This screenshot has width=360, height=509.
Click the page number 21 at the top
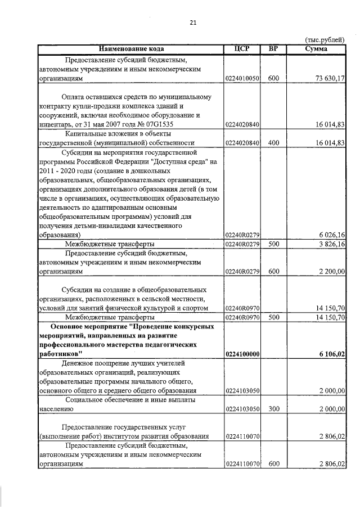click(x=193, y=22)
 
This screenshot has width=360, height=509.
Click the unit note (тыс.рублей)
click(x=324, y=40)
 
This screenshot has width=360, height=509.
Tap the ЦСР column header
click(x=242, y=49)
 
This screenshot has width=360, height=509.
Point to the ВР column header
click(x=273, y=49)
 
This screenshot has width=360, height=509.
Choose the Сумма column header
click(x=316, y=49)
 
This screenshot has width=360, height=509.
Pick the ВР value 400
click(x=273, y=143)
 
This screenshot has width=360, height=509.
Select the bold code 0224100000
click(x=242, y=354)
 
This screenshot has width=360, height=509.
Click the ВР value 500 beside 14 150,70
click(x=273, y=317)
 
